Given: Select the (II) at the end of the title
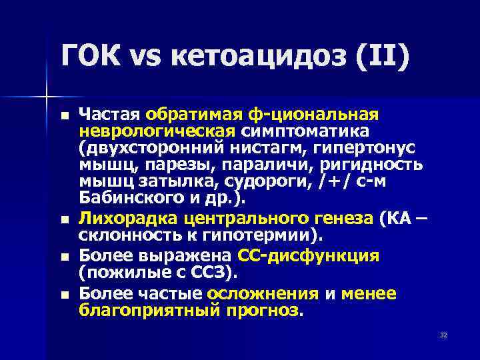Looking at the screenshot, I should pos(383,61).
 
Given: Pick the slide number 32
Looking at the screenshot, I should pos(443,334).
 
